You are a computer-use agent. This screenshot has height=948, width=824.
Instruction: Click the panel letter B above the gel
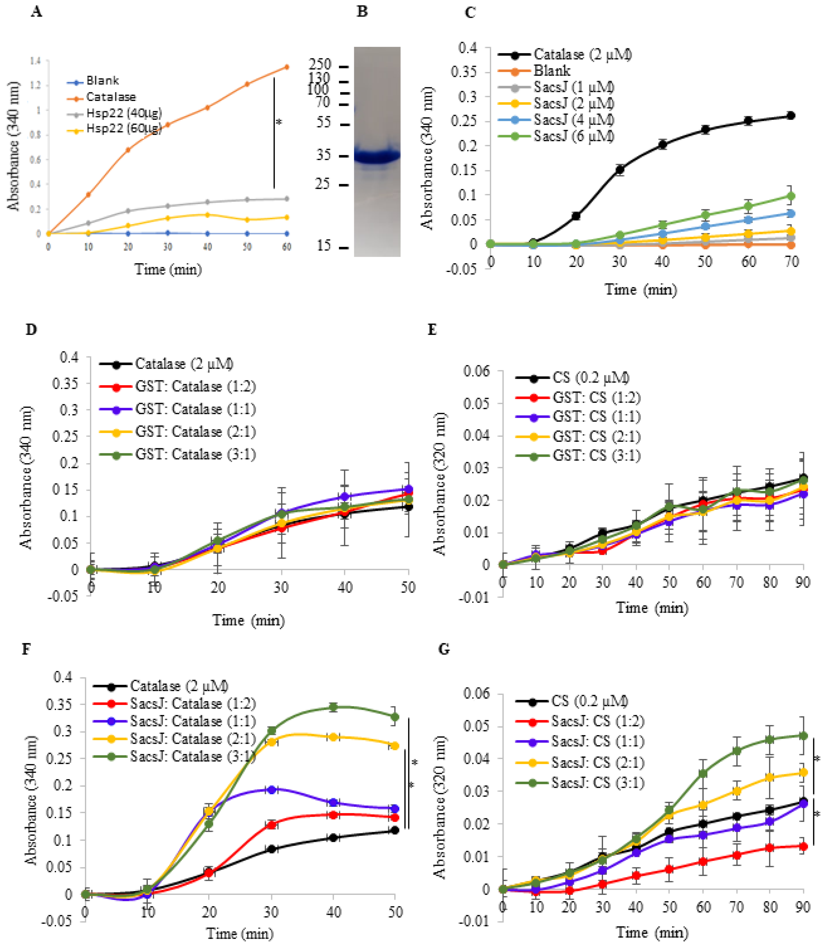click(x=362, y=12)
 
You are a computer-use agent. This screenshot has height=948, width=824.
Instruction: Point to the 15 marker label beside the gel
click(x=323, y=246)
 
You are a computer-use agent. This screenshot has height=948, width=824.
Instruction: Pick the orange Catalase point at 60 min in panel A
click(x=287, y=67)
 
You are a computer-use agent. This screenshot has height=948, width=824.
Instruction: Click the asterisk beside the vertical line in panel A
click(x=279, y=122)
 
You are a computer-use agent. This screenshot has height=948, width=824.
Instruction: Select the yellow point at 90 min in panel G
click(x=803, y=773)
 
